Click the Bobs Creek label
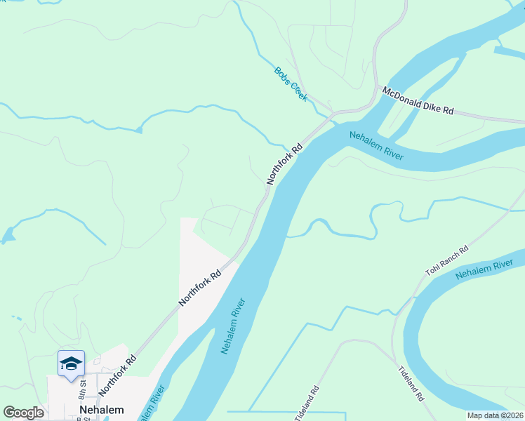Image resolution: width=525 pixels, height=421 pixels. (291, 84)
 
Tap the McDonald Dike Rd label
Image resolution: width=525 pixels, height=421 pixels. (418, 101)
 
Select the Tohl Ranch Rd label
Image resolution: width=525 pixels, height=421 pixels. (446, 260)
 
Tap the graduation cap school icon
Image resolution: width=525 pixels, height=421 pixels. (71, 363)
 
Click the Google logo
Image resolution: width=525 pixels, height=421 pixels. (23, 413)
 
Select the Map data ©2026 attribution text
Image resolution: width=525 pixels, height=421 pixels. (496, 415)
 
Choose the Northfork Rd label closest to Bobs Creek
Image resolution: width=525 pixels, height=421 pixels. (284, 163)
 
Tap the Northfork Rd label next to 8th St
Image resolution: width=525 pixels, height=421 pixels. (117, 375)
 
